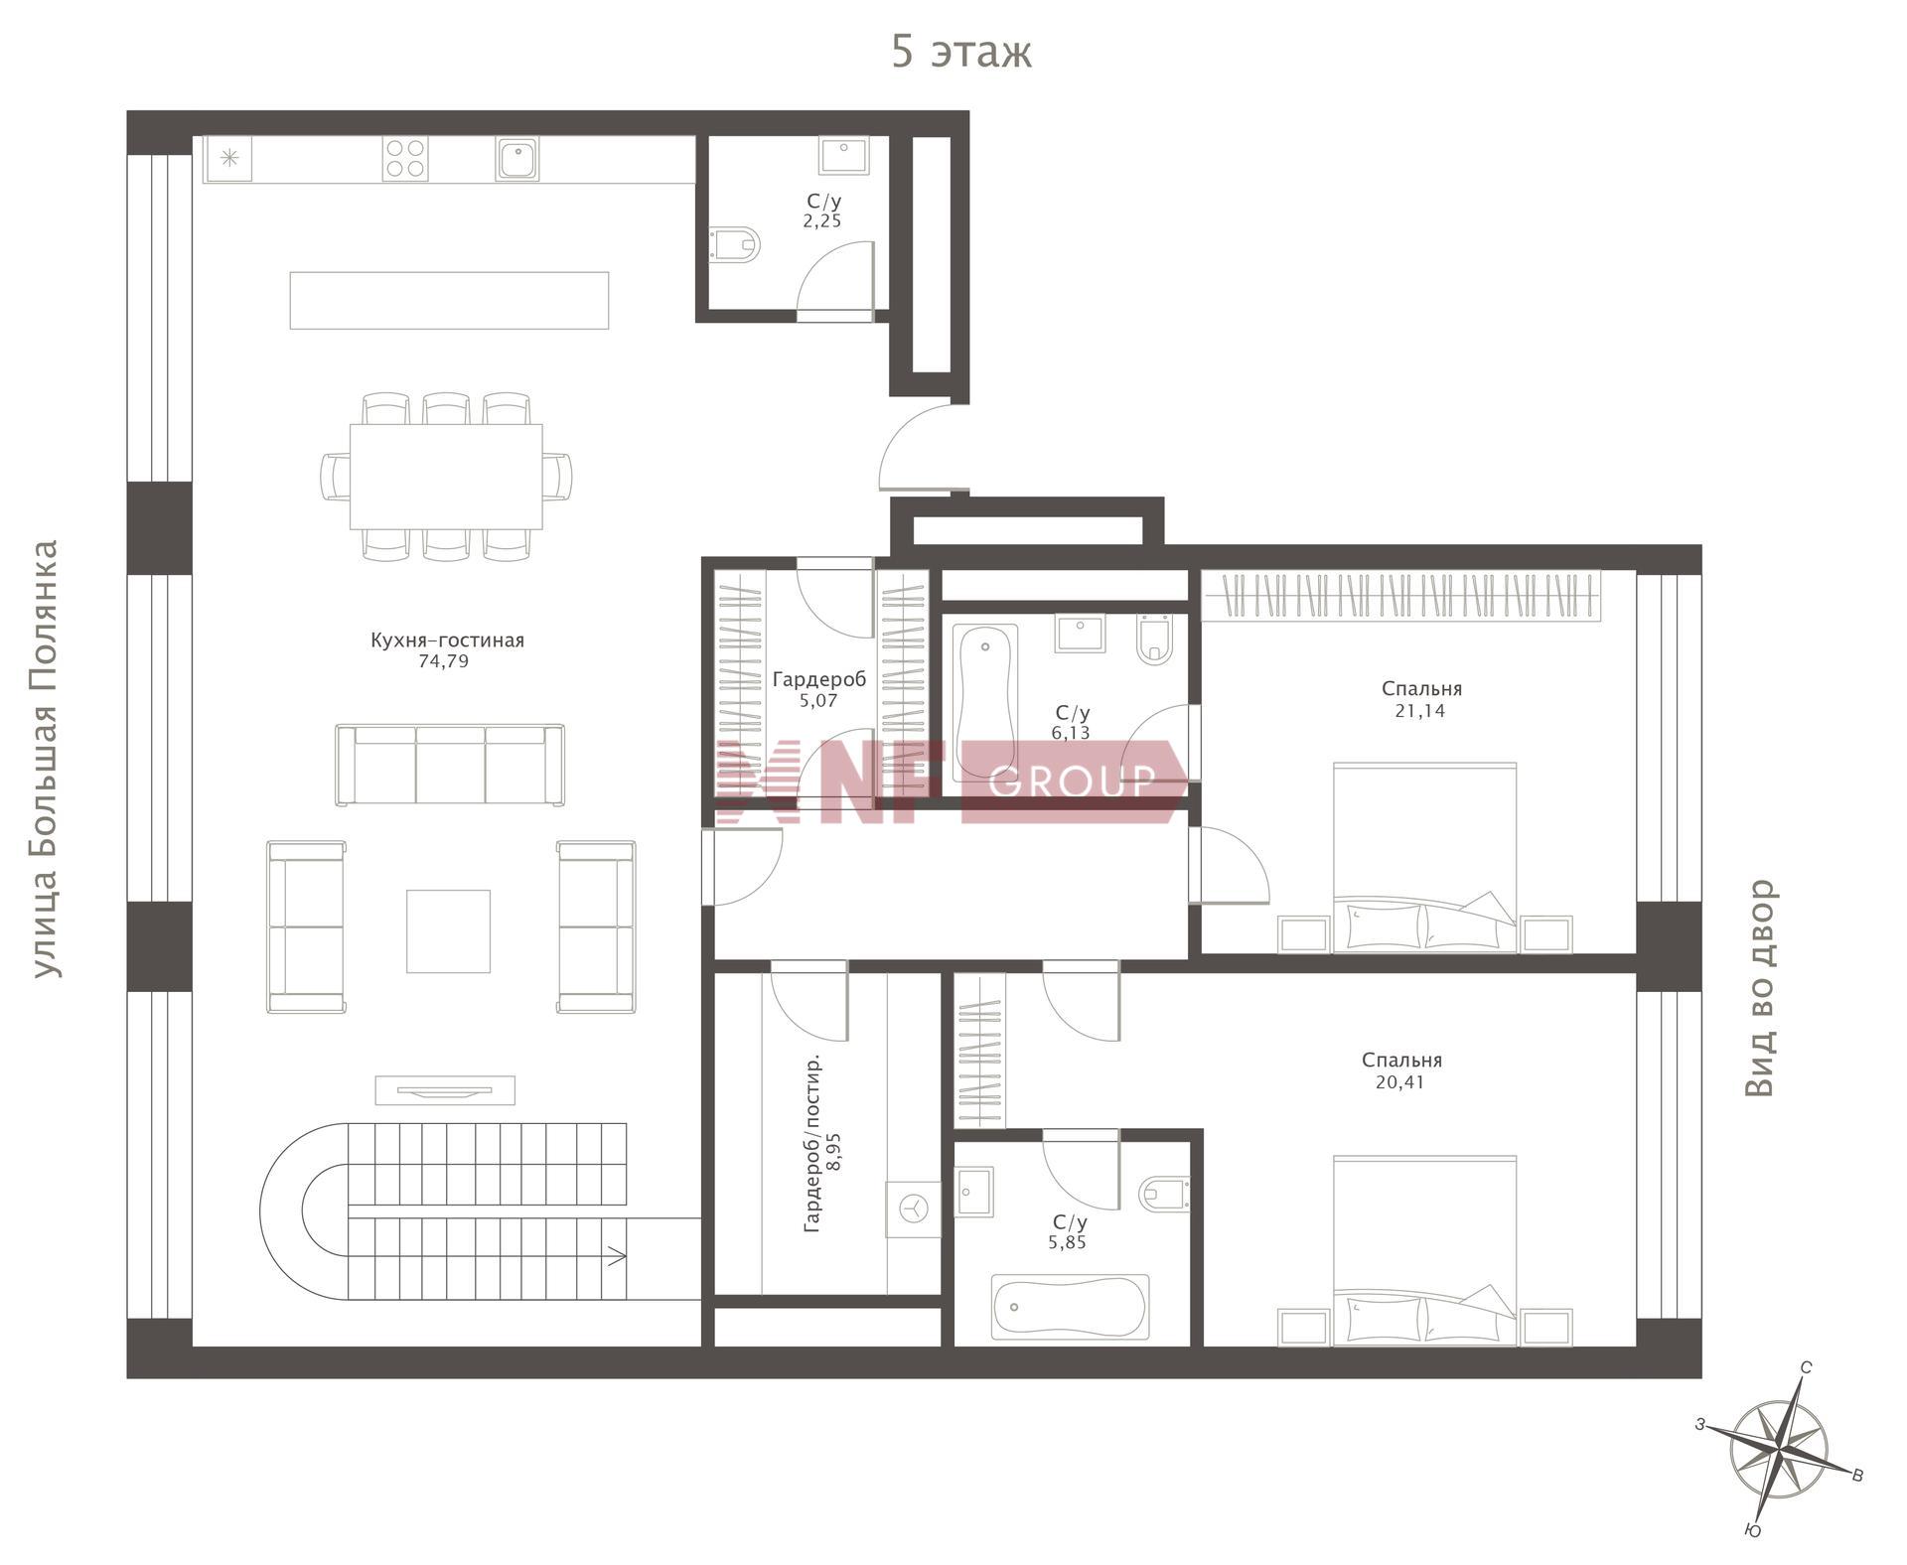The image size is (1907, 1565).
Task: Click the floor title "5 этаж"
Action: pyautogui.click(x=961, y=52)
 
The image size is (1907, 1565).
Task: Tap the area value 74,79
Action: pyautogui.click(x=443, y=661)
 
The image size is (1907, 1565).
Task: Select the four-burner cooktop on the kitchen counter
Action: pyautogui.click(x=405, y=159)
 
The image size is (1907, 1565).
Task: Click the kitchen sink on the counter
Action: pyautogui.click(x=517, y=159)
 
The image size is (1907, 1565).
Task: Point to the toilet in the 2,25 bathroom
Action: pyautogui.click(x=735, y=243)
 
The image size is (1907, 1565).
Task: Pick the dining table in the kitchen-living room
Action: pyautogui.click(x=446, y=477)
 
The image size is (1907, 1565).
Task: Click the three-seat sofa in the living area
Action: pyautogui.click(x=450, y=765)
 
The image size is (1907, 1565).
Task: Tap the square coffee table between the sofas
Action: pyautogui.click(x=448, y=931)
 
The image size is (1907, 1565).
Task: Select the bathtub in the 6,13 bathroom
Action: pyautogui.click(x=985, y=702)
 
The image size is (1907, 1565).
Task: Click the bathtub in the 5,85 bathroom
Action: pyautogui.click(x=1070, y=1307)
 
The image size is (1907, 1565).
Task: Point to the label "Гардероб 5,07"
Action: pyautogui.click(x=818, y=689)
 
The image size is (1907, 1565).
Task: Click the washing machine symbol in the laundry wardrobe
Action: pyautogui.click(x=913, y=1208)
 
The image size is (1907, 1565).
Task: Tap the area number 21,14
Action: pyautogui.click(x=1420, y=711)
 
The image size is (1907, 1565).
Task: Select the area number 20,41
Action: pyautogui.click(x=1400, y=1082)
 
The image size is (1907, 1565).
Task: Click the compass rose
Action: pyautogui.click(x=1779, y=1450)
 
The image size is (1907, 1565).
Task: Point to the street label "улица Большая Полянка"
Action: pyautogui.click(x=46, y=759)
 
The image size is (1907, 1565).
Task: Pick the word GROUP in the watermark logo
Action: pyautogui.click(x=1073, y=782)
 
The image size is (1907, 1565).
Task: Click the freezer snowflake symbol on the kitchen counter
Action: pyautogui.click(x=229, y=158)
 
